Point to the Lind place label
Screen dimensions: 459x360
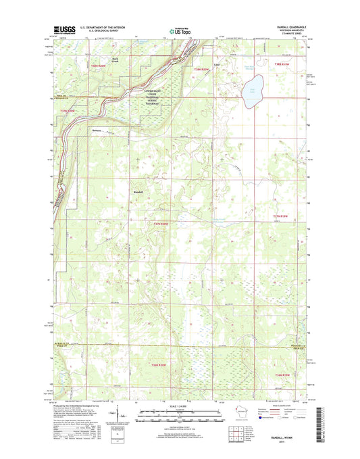(216, 65)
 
